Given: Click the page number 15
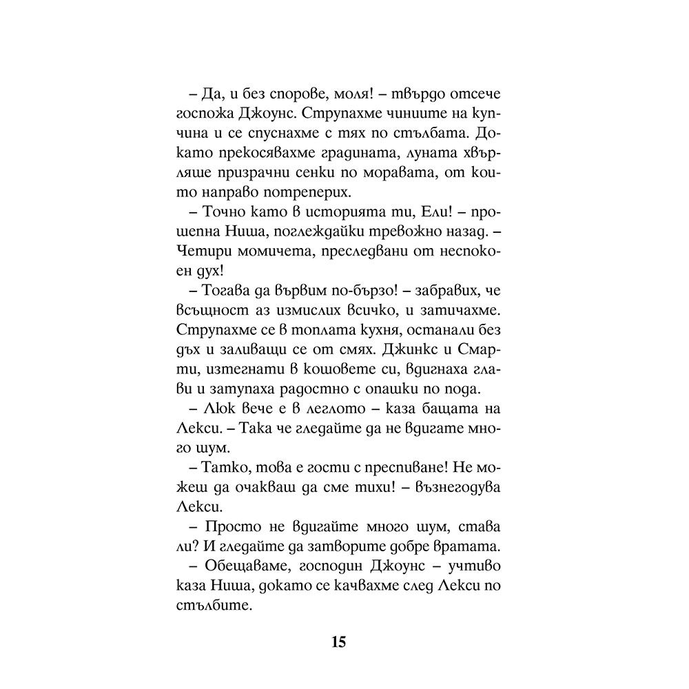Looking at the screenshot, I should (338, 643).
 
